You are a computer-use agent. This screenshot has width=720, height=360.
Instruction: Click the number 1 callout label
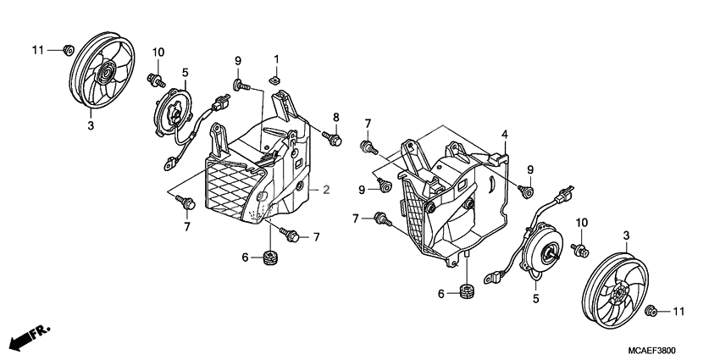(x=276, y=58)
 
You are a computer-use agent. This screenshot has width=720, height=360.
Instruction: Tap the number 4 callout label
(x=504, y=134)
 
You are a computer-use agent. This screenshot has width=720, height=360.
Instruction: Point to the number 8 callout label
(x=335, y=117)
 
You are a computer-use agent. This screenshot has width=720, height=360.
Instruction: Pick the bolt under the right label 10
(x=581, y=250)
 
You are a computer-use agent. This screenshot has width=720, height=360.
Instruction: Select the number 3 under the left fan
(x=91, y=125)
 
